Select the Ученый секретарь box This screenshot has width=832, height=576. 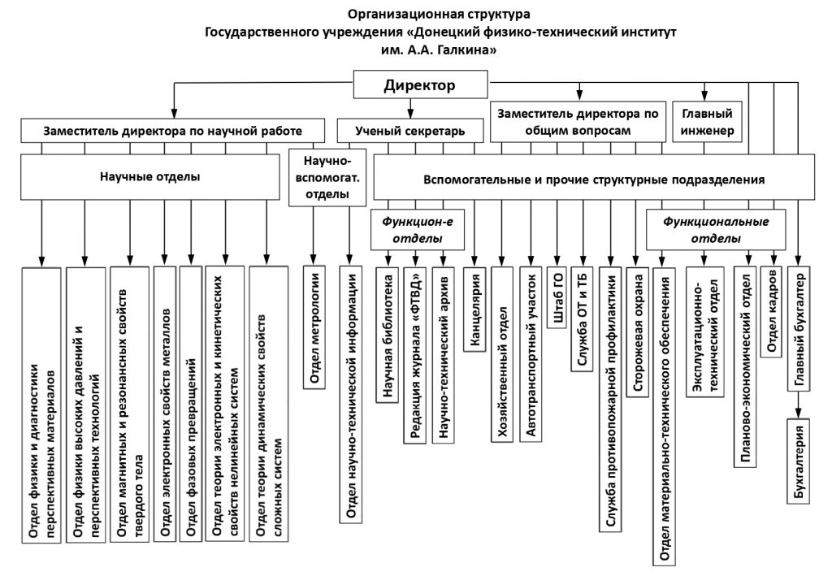409,130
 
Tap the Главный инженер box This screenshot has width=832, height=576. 704,122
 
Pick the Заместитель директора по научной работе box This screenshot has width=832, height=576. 172,130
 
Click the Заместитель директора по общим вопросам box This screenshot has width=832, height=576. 578,122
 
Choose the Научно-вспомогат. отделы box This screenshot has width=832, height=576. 327,177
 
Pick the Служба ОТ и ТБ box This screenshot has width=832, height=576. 580,317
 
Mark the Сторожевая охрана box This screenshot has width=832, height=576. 640,333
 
